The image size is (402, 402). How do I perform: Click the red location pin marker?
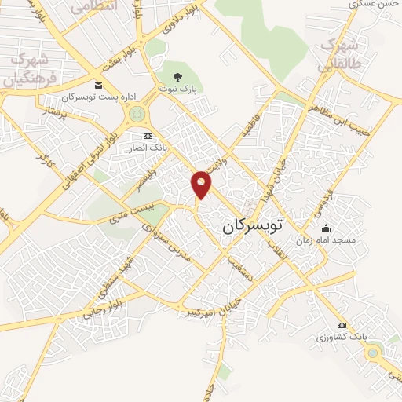(202, 184)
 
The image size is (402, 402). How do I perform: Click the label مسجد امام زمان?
(326, 240)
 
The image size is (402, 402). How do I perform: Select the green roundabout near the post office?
(137, 116)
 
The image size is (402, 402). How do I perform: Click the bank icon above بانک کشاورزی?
(341, 324)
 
